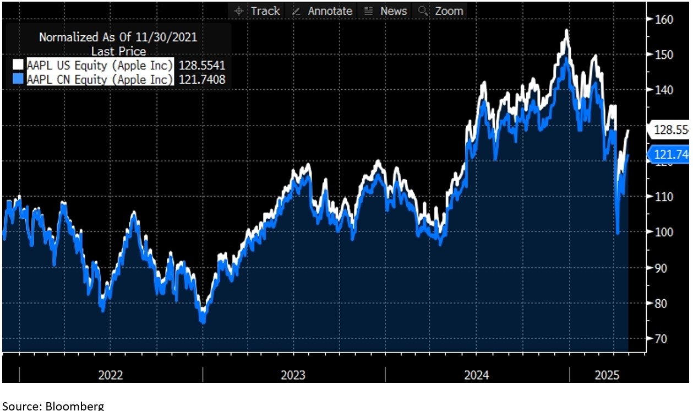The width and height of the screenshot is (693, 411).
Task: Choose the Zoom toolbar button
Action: [442, 11]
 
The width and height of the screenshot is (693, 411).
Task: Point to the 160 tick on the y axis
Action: [663, 19]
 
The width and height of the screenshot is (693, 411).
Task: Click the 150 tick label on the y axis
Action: [663, 55]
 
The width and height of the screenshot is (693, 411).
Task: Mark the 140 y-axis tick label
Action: [663, 90]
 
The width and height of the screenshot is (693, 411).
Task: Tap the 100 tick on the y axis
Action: [663, 232]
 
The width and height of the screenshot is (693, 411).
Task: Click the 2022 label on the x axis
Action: [111, 376]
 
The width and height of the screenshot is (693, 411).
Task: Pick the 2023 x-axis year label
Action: [293, 376]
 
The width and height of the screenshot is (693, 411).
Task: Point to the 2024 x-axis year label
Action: [477, 376]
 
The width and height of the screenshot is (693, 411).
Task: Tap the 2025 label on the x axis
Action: [607, 376]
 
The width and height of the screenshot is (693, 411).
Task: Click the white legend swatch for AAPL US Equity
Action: [18, 65]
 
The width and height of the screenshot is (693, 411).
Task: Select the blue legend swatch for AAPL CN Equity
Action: [18, 79]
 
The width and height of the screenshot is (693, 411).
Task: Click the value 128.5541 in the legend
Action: [201, 65]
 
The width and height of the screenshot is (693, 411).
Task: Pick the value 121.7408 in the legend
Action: [201, 79]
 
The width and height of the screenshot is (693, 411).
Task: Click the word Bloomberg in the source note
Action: [74, 406]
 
